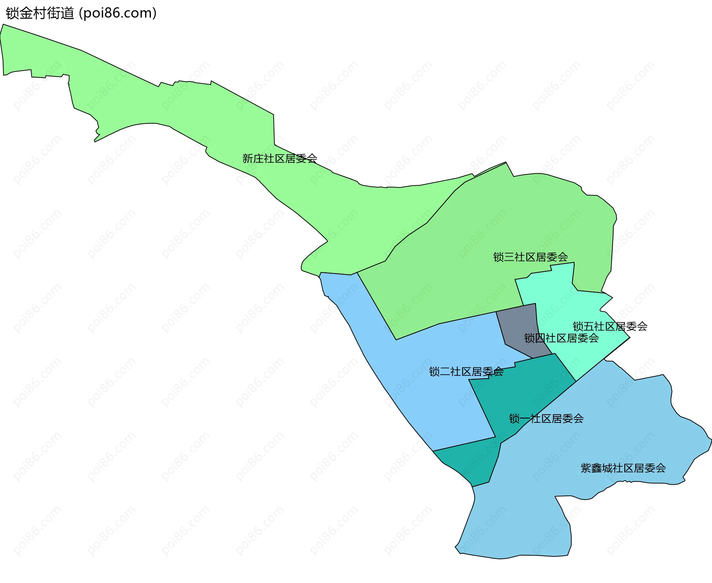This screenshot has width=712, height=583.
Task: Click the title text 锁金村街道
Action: point(40,13)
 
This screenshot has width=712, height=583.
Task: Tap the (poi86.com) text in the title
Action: point(118,13)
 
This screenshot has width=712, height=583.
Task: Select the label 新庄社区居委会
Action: point(280,159)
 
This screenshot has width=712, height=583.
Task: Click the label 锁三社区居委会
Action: point(530,257)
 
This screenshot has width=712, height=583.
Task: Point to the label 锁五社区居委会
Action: point(610,326)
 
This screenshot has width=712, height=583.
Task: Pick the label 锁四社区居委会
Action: point(561,338)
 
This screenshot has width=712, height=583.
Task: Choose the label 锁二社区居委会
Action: point(466,372)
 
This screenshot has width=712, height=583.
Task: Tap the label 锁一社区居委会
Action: point(546,419)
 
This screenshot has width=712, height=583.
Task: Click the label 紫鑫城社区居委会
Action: point(623,468)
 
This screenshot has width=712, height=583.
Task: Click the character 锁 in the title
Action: point(11,13)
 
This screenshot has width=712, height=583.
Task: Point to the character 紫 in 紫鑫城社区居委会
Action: point(586,468)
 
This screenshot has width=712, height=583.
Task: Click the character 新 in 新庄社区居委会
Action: point(248,159)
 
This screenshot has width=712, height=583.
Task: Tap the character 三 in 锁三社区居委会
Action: point(509,257)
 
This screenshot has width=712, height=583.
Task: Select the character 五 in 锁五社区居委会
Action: point(589,326)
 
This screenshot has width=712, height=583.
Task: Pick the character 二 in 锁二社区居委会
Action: point(445,372)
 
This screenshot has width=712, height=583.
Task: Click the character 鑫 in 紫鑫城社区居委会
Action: point(597,468)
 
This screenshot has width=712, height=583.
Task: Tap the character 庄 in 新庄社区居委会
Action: point(258,159)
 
